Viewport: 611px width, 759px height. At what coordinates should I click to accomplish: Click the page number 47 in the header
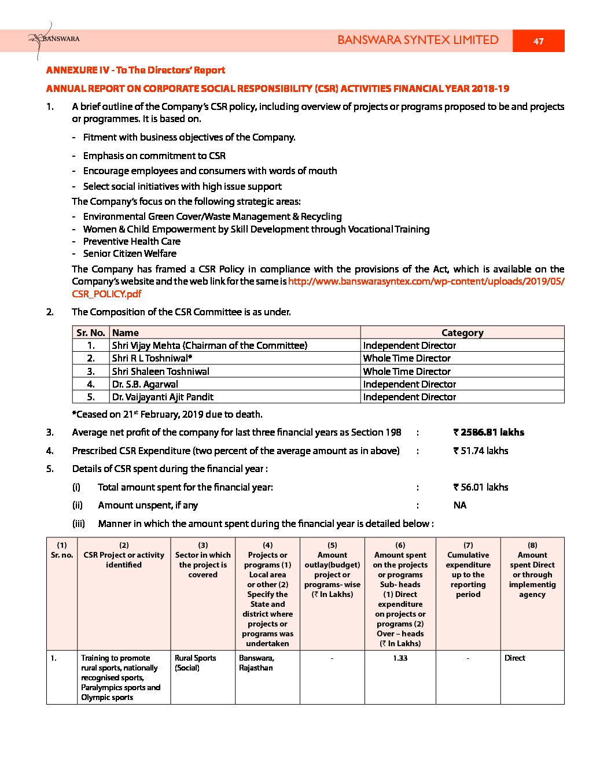[538, 41]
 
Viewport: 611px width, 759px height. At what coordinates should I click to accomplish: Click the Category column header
[462, 333]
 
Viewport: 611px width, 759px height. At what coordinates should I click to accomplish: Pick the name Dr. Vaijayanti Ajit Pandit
[163, 397]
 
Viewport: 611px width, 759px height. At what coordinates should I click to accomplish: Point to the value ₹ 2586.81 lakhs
[489, 432]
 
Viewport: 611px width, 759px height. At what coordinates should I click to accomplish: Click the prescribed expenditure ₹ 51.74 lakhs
[481, 451]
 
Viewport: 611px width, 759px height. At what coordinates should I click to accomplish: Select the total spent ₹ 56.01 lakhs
[481, 487]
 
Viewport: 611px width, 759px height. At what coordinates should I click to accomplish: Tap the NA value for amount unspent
[460, 505]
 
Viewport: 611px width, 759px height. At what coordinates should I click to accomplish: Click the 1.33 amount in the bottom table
[400, 658]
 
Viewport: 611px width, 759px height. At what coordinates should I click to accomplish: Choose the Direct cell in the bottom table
[515, 658]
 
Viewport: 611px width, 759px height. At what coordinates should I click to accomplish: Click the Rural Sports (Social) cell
[196, 663]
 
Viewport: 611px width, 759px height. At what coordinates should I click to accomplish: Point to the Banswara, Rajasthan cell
[256, 663]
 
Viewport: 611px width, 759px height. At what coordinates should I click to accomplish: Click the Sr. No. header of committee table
[91, 333]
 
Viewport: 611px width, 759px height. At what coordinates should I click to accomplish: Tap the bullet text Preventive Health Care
[132, 241]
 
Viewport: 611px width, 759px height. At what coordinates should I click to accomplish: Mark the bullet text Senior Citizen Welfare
[130, 253]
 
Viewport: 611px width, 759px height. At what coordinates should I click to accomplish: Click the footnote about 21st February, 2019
[167, 414]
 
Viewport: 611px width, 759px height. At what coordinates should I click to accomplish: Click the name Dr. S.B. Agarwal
[145, 384]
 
